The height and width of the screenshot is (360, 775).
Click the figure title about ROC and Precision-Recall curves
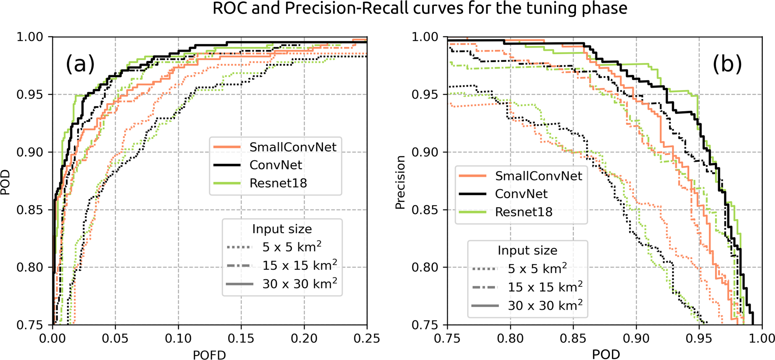coord(420,8)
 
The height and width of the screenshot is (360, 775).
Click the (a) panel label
coord(80,64)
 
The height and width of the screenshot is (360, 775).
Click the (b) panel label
coord(727,64)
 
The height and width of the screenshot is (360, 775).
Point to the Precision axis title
coord(400,182)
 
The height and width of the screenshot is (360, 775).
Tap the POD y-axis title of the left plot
coord(5,182)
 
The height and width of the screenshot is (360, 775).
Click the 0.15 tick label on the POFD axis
coord(241,339)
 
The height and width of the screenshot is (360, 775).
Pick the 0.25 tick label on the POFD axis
coord(367,339)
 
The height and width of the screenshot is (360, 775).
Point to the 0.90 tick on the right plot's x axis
coord(636,339)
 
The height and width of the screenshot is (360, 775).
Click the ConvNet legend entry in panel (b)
coord(521,194)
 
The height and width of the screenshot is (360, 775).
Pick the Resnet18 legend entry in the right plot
coord(523,212)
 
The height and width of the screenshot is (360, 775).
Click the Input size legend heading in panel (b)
coord(527,250)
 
